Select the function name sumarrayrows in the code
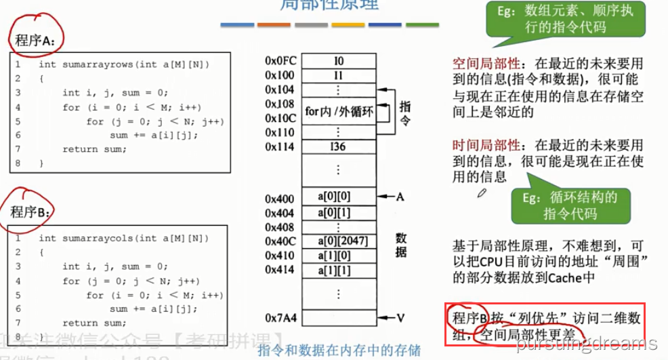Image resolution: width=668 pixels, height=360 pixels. tap(98, 64)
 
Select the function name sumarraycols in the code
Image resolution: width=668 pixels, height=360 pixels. tap(98, 238)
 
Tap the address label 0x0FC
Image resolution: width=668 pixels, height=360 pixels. tap(280, 61)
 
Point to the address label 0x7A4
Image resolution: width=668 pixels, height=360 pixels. tap(280, 317)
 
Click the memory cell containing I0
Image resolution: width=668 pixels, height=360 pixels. tap(339, 61)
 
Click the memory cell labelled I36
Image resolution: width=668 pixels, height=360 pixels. tap(339, 146)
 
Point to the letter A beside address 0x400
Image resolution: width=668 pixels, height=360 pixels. tap(400, 197)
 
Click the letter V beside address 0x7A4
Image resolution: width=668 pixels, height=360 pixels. tap(400, 317)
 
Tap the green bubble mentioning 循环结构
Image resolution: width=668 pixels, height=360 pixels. tap(570, 205)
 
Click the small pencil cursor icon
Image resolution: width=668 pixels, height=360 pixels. tap(482, 193)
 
